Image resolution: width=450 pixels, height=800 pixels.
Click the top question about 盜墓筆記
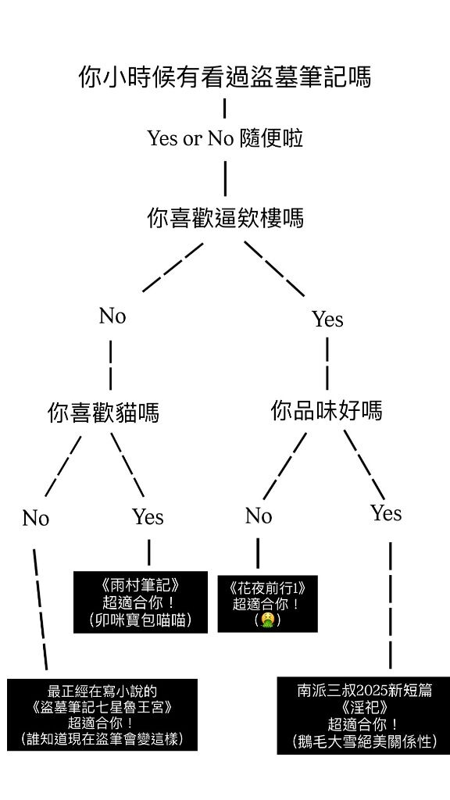click(225, 77)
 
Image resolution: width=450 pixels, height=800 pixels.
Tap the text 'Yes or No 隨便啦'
click(225, 138)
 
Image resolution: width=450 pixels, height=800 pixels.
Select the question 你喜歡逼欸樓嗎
click(225, 218)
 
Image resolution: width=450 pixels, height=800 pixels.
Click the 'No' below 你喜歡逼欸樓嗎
click(112, 316)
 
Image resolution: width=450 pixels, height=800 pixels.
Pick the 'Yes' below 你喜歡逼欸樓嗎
click(327, 320)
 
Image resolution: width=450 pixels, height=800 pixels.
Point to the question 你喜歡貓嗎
click(103, 412)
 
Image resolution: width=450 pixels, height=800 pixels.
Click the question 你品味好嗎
click(327, 411)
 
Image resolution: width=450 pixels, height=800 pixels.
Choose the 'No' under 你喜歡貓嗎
click(36, 519)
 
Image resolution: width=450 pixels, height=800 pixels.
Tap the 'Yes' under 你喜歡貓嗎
click(148, 517)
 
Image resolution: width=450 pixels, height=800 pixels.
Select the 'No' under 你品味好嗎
click(259, 516)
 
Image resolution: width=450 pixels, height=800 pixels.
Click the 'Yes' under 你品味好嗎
click(386, 513)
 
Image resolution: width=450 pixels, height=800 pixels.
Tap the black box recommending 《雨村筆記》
click(141, 602)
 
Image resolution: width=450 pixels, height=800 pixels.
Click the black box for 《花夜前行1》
click(267, 604)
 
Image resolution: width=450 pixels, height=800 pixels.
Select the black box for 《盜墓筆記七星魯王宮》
click(102, 714)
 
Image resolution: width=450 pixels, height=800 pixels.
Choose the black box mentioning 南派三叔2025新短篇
click(364, 716)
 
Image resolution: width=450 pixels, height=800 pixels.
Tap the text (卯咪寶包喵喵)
click(141, 620)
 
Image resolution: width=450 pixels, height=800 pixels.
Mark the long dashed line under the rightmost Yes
click(391, 605)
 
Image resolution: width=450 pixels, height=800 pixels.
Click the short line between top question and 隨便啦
click(224, 109)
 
